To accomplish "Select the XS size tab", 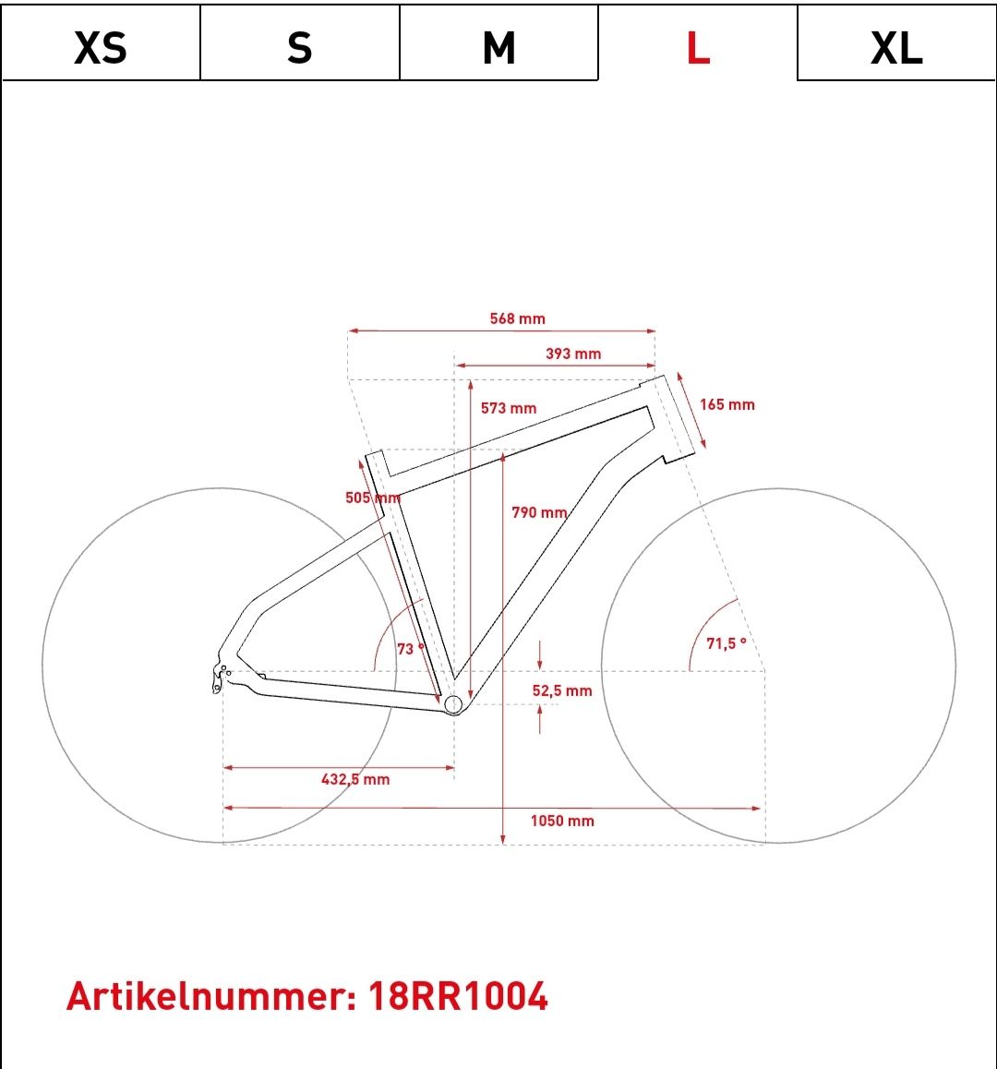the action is coord(101,42).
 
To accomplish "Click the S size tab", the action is coord(300,42).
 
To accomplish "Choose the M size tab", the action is coord(499,42).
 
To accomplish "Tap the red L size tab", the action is coord(698,42).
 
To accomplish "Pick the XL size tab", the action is coord(896,42).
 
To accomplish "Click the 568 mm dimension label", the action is coord(518,318).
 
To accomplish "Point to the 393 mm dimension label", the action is coord(573,354).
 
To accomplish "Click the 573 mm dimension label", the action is coord(509,408).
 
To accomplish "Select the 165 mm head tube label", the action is coord(727,405).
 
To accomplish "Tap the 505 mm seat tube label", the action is coord(372,498).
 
